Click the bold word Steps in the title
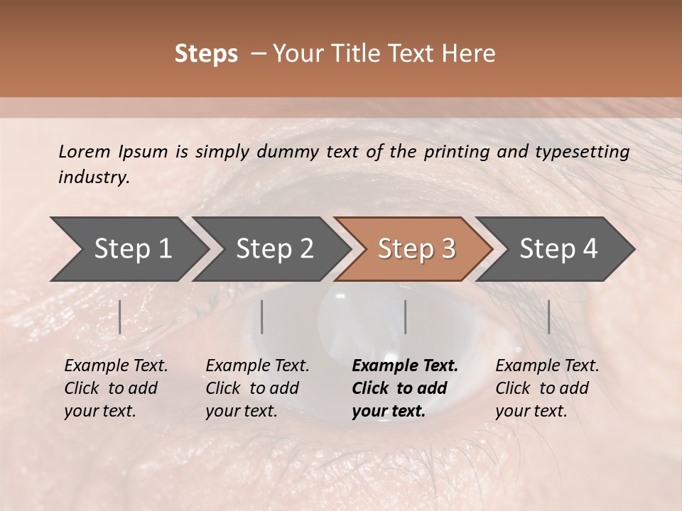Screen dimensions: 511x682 206,53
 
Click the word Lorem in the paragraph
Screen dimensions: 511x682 85,151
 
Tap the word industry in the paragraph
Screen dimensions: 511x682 93,177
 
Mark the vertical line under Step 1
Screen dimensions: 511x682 120,317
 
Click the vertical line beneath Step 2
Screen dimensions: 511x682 262,317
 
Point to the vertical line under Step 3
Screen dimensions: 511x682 406,317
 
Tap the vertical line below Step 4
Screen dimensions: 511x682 549,317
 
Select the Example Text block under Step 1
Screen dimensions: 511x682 116,388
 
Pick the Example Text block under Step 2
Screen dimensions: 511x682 257,388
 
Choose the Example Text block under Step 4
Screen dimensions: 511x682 547,388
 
